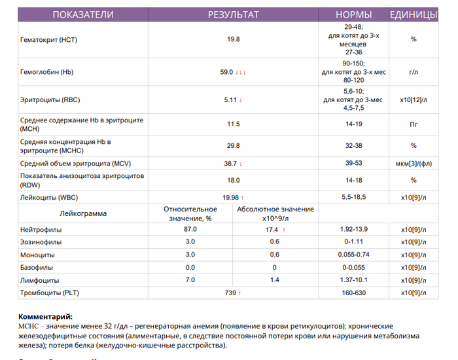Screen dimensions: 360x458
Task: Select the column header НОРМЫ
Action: pyautogui.click(x=354, y=14)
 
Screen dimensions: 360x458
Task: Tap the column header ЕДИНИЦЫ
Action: pyautogui.click(x=414, y=14)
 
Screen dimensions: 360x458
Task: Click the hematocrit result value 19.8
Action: pyautogui.click(x=234, y=40)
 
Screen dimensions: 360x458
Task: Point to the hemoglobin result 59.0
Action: pyautogui.click(x=227, y=72)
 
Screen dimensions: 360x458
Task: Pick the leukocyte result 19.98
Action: pyautogui.click(x=230, y=197)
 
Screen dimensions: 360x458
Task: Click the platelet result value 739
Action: pyautogui.click(x=230, y=293)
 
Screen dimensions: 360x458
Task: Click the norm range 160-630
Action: pyautogui.click(x=354, y=293)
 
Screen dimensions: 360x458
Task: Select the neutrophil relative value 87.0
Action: pyautogui.click(x=190, y=229)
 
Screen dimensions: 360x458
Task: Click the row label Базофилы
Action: pyautogui.click(x=38, y=267)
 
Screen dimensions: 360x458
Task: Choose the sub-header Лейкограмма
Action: pyautogui.click(x=82, y=213)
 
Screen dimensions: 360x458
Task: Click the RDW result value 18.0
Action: pyautogui.click(x=234, y=180)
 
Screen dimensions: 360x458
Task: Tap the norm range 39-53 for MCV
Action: pyautogui.click(x=354, y=163)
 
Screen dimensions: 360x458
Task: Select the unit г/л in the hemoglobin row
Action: pyautogui.click(x=414, y=72)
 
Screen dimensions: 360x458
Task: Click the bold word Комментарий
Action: pyautogui.click(x=45, y=316)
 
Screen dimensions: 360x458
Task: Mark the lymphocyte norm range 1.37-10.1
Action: pyautogui.click(x=354, y=279)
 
